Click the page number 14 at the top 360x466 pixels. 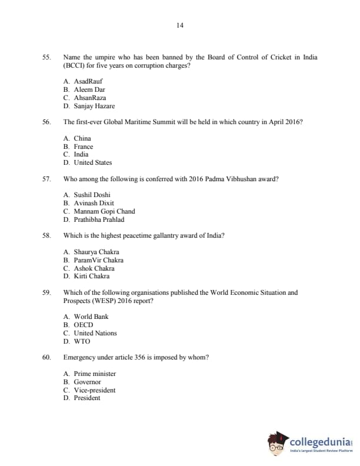pos(180,25)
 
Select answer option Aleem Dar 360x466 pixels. pos(89,89)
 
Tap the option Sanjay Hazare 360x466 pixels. pos(94,106)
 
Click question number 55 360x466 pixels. pos(46,57)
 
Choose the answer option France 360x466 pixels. pos(83,147)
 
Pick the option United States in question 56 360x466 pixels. pos(92,162)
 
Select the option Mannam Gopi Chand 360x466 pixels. pos(104,211)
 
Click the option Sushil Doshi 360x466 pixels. pos(92,195)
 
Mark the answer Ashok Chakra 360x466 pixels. pos(94,268)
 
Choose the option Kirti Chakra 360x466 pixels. pos(92,276)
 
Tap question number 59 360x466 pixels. pos(46,292)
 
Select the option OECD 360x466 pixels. pos(83,325)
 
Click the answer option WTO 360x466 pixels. pos(82,341)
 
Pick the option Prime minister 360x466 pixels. pos(95,374)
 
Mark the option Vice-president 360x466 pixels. pos(94,390)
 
